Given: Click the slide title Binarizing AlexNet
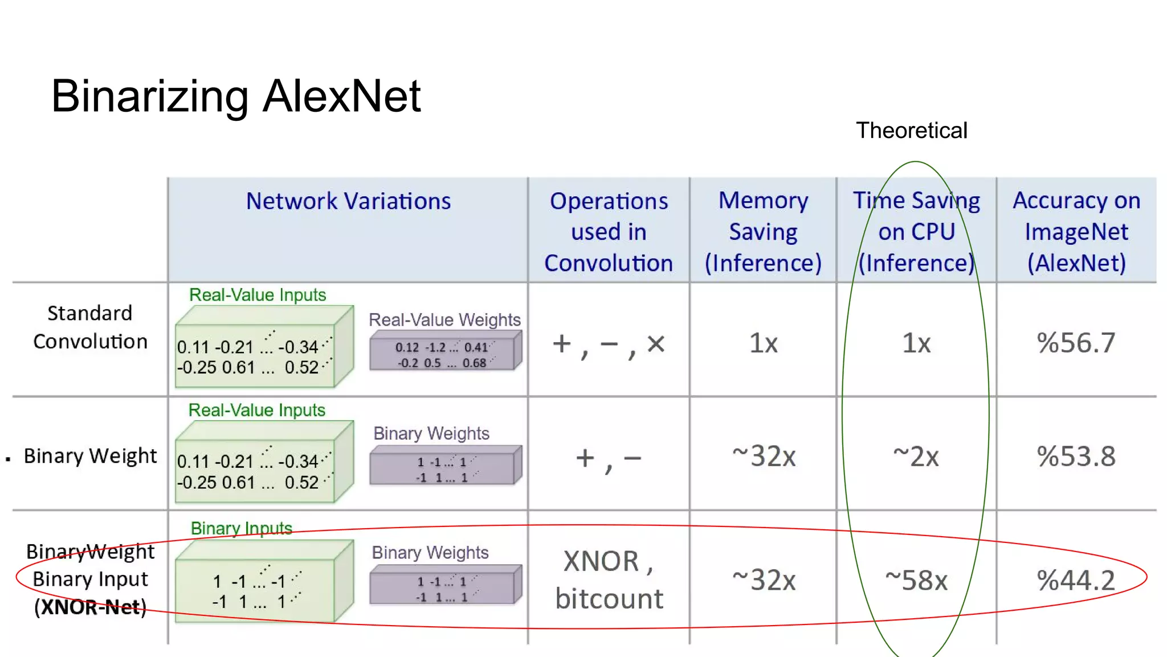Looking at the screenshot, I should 235,96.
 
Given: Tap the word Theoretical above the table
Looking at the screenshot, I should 911,131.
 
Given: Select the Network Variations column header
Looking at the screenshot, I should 348,201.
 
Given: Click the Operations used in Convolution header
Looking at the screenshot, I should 609,232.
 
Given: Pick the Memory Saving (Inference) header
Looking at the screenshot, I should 763,232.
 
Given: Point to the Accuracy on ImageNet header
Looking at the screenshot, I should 1076,232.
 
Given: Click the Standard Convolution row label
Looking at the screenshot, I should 90,327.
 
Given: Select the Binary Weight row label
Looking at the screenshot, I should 90,456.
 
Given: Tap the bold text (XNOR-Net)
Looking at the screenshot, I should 90,607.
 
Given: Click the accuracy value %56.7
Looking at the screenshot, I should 1076,343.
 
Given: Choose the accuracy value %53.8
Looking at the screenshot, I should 1076,456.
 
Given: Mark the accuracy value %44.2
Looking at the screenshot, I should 1076,581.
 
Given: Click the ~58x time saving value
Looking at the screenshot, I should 916,581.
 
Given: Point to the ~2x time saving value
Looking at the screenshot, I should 916,456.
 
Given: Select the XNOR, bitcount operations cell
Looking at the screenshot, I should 609,580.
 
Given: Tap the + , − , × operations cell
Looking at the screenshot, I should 609,344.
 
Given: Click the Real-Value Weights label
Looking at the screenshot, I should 444,320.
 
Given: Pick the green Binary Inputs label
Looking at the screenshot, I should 241,529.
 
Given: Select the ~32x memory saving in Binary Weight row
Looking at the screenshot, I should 764,456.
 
